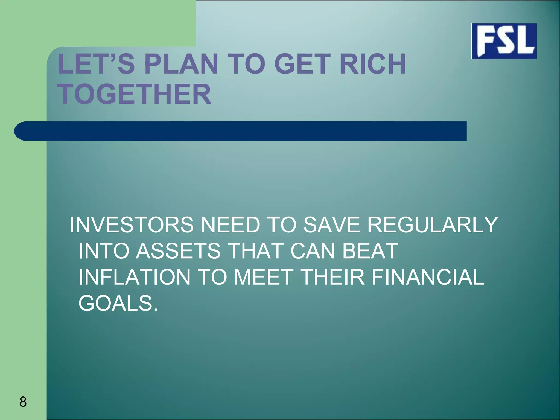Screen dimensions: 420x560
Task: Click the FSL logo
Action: pyautogui.click(x=504, y=41)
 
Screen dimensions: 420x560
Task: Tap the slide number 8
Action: pyautogui.click(x=23, y=402)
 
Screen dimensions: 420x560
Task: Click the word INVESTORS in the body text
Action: pyautogui.click(x=132, y=225)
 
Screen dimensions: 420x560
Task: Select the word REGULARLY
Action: pyautogui.click(x=432, y=225)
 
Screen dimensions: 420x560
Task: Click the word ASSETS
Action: pyautogui.click(x=178, y=251)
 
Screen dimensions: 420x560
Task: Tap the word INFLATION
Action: pyautogui.click(x=134, y=277)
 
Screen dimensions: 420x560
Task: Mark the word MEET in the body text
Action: pyautogui.click(x=263, y=277)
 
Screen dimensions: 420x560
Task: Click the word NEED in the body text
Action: pyautogui.click(x=230, y=225)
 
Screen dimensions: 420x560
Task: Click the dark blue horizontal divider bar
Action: pyautogui.click(x=241, y=131)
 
